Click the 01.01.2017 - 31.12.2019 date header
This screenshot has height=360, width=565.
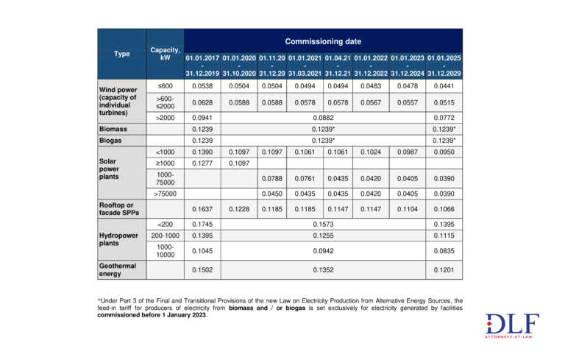pyautogui.click(x=202, y=65)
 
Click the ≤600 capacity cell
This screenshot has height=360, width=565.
pyautogui.click(x=165, y=85)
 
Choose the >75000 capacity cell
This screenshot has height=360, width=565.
pyautogui.click(x=165, y=193)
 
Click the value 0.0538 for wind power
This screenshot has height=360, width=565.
pyautogui.click(x=202, y=85)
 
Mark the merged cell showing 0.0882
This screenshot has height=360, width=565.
pyautogui.click(x=324, y=117)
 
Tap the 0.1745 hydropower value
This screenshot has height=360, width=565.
pyautogui.click(x=202, y=223)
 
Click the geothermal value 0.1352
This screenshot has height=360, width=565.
pyautogui.click(x=324, y=269)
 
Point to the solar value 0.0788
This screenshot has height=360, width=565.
pyautogui.click(x=271, y=177)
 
